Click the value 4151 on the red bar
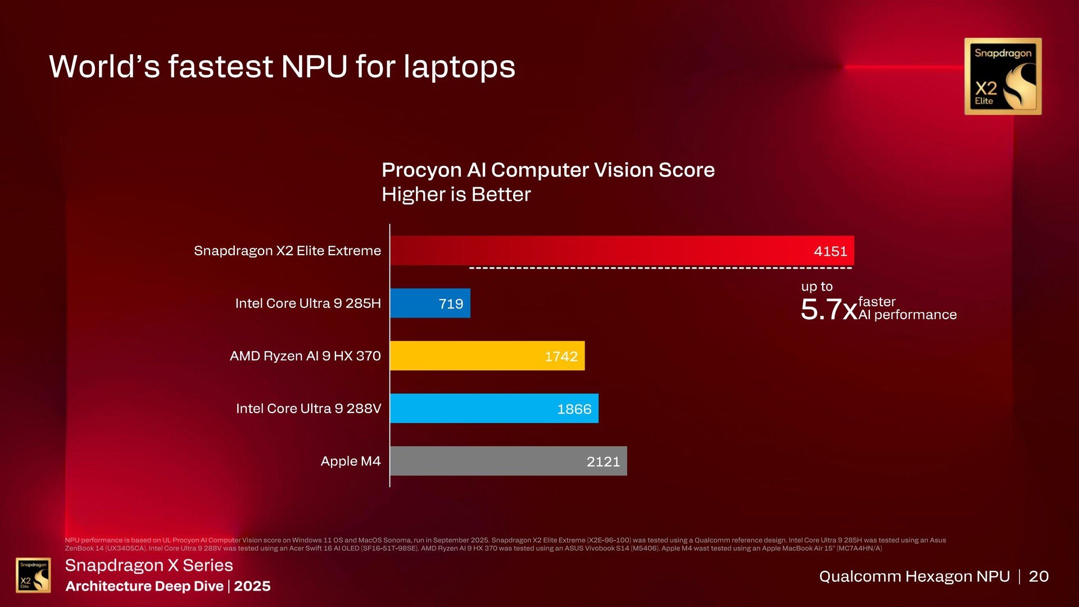[x=830, y=251]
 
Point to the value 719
[x=451, y=304]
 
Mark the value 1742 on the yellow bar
[x=561, y=356]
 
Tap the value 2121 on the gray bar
[x=603, y=461]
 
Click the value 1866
[x=574, y=409]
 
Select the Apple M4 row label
[x=350, y=461]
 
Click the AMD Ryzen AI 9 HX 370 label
[x=305, y=356]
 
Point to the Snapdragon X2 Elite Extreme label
[x=287, y=251]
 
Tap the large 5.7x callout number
[x=828, y=309]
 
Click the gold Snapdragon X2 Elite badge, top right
[x=1003, y=76]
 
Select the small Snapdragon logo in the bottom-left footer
[x=33, y=575]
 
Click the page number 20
[x=1039, y=576]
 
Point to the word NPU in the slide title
[x=314, y=66]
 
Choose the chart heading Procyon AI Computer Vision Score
[x=548, y=170]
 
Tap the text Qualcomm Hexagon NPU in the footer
[x=914, y=576]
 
